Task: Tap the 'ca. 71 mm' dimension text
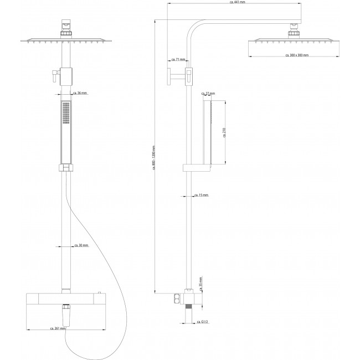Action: pyautogui.click(x=178, y=59)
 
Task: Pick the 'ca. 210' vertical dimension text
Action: pyautogui.click(x=224, y=133)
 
